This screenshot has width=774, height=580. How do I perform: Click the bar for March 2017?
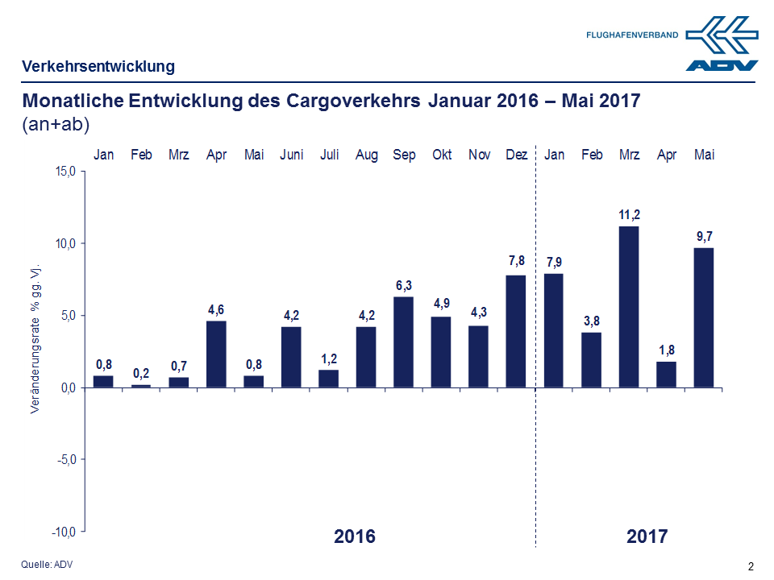pos(629,306)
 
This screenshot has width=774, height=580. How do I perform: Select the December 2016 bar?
pos(516,331)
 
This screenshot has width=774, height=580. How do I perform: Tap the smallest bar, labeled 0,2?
pos(141,386)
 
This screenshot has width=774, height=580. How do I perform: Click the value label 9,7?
pos(704,236)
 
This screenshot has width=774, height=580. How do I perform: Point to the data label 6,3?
pos(404,285)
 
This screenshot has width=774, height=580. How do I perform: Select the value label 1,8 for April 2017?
pos(667,350)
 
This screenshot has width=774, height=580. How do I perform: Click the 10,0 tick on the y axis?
pos(65,243)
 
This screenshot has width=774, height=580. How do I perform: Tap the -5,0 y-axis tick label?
pos(65,459)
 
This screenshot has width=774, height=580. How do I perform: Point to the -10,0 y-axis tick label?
pos(64,532)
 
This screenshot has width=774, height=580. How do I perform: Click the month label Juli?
pos(329,155)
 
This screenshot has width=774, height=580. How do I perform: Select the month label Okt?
pos(442,155)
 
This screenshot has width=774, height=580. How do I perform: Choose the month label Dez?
pos(516,155)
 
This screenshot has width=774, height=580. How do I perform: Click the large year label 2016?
pos(355,536)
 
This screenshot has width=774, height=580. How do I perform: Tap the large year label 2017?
pos(647,536)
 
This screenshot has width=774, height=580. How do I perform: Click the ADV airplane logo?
pos(722,44)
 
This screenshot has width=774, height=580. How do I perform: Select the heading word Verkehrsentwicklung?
pos(98,66)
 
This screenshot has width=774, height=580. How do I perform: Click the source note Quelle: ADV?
pos(46,564)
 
